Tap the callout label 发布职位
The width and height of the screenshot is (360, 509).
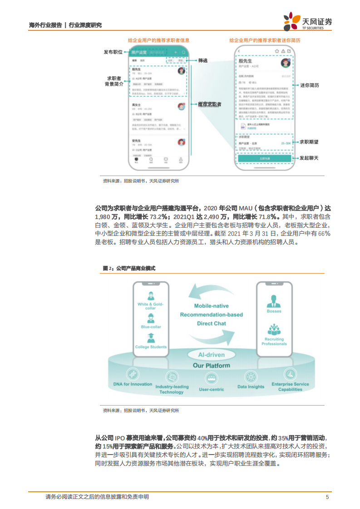coord(113,52)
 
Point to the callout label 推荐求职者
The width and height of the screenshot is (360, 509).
coord(209,104)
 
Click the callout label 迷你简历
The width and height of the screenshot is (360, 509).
coord(310,85)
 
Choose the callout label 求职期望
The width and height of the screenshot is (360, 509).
coord(309,142)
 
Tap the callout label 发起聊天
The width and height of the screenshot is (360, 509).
coord(309,158)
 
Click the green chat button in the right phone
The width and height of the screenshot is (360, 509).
coord(264,158)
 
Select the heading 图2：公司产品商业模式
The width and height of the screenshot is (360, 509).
coord(129,269)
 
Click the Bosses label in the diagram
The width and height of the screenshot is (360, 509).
coord(274,311)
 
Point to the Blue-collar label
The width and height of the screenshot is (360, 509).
coord(151,327)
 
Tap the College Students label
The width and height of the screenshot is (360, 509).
coord(151,347)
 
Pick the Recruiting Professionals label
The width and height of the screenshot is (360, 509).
coord(274,341)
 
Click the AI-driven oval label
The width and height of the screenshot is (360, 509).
coord(211,355)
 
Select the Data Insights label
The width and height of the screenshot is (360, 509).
coord(251,387)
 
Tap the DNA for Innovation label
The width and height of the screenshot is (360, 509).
coord(133,384)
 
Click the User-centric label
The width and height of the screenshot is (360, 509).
coord(211,389)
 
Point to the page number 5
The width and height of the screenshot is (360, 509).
coord(327,497)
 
